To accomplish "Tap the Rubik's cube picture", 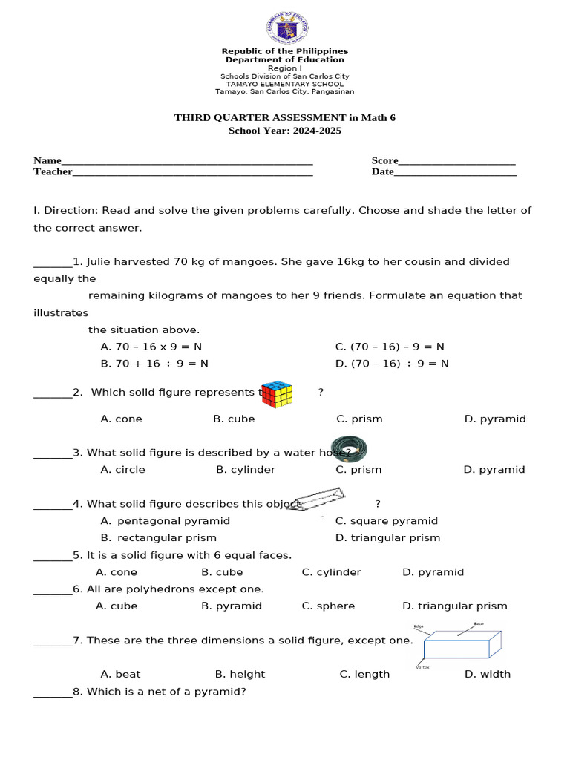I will point(278,394).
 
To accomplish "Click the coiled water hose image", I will point(349,449).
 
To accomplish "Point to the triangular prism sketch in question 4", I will point(316,499).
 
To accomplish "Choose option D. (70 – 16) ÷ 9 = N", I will point(392,364).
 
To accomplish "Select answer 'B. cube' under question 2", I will point(234,419).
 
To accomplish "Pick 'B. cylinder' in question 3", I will point(246,470).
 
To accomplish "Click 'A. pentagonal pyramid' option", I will point(165,521).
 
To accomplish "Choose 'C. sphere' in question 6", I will point(328,606).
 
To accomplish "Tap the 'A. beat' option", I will point(120,674).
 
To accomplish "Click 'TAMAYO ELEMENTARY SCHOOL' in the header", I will point(284,84).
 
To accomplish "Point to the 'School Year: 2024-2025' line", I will point(284,131).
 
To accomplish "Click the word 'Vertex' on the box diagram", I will point(422,667).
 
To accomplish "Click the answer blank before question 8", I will point(53,692).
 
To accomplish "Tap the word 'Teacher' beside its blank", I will point(53,172).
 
